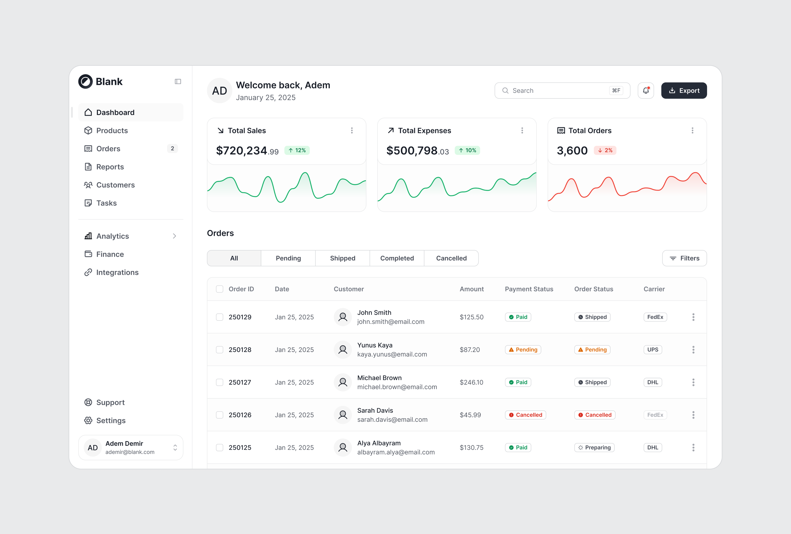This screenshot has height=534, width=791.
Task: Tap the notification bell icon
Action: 646,90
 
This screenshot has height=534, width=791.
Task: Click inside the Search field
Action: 558,90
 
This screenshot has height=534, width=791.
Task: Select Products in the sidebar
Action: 112,131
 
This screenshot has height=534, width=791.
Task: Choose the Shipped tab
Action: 342,258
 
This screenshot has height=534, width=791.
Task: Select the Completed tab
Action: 397,258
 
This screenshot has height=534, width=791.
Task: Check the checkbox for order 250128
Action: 220,350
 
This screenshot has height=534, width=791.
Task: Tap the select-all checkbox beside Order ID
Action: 220,289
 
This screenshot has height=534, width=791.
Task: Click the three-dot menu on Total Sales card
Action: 352,131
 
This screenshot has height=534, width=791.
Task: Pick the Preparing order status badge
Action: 594,448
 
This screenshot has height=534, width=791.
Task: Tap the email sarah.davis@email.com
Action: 392,420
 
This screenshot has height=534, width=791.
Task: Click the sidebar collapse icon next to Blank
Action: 178,82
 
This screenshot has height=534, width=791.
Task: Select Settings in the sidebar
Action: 111,421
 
